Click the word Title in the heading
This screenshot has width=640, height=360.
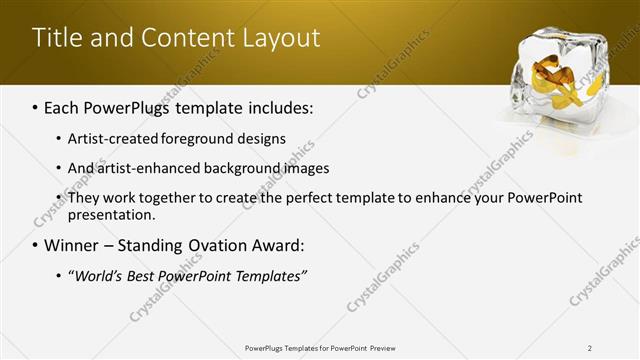tap(58, 38)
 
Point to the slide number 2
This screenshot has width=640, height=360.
tap(590, 348)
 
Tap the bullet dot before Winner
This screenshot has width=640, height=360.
tap(36, 245)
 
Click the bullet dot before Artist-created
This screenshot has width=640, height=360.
tap(58, 138)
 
